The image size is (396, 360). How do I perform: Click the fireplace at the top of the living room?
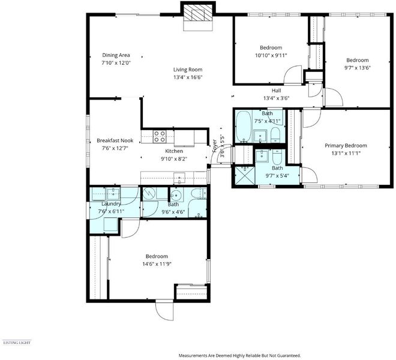pyautogui.click(x=198, y=14)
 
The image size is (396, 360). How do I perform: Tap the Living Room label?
pyautogui.click(x=188, y=70)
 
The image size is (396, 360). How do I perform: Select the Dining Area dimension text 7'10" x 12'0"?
pyautogui.click(x=116, y=63)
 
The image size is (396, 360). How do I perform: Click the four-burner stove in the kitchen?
pyautogui.click(x=160, y=136)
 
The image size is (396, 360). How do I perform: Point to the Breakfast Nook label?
pyautogui.click(x=115, y=140)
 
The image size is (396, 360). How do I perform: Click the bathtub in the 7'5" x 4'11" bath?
pyautogui.click(x=244, y=126)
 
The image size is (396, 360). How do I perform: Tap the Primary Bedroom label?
pyautogui.click(x=346, y=146)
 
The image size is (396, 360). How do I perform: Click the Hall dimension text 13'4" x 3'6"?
pyautogui.click(x=276, y=98)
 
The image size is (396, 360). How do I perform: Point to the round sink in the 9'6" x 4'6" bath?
pyautogui.click(x=176, y=195)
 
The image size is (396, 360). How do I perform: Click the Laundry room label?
pyautogui.click(x=111, y=203)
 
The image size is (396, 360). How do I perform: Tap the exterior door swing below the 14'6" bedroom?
pyautogui.click(x=164, y=311)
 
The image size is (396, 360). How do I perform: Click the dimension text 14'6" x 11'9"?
pyautogui.click(x=157, y=264)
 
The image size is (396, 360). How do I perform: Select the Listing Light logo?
pyautogui.click(x=17, y=343)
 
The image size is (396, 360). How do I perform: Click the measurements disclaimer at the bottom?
pyautogui.click(x=239, y=355)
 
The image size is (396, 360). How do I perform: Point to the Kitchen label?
pyautogui.click(x=174, y=151)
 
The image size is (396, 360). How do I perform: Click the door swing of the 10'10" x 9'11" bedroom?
pyautogui.click(x=293, y=75)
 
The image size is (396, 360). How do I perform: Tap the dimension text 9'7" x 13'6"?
pyautogui.click(x=358, y=68)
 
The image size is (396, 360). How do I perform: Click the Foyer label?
pyautogui.click(x=215, y=146)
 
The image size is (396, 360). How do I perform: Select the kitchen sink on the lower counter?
pyautogui.click(x=179, y=178)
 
